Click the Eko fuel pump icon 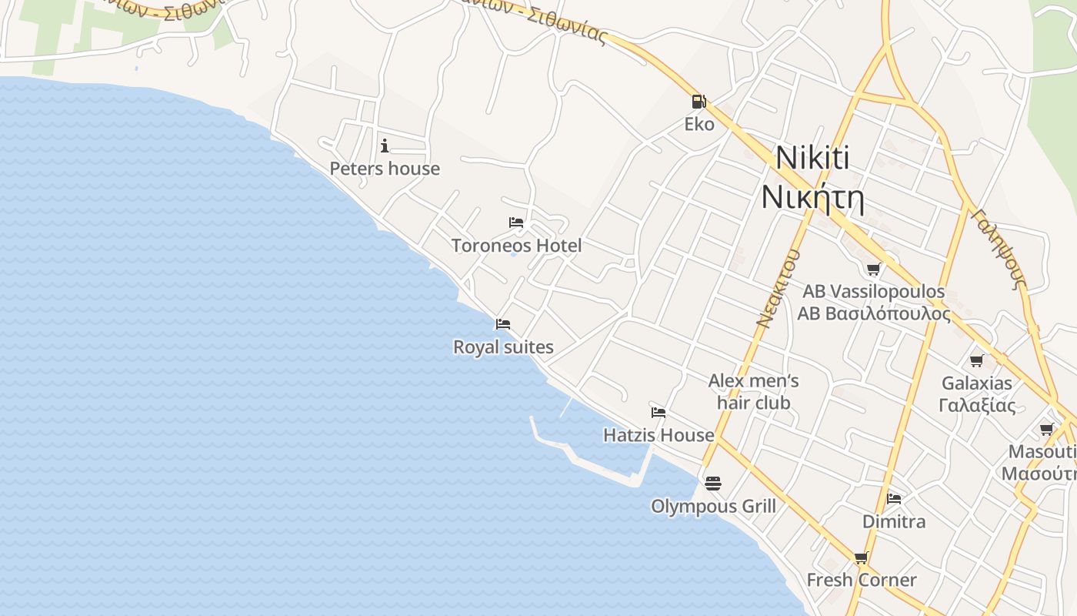pyautogui.click(x=699, y=102)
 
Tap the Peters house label pyautogui.click(x=385, y=169)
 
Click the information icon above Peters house pyautogui.click(x=385, y=146)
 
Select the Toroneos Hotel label pyautogui.click(x=516, y=246)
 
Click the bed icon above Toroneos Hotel pyautogui.click(x=516, y=223)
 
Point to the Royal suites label pyautogui.click(x=503, y=347)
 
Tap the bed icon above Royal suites pyautogui.click(x=503, y=324)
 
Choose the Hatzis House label pyautogui.click(x=659, y=435)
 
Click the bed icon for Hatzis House pyautogui.click(x=659, y=412)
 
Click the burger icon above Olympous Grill pyautogui.click(x=713, y=484)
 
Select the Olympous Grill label pyautogui.click(x=713, y=506)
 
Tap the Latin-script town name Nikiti pyautogui.click(x=812, y=158)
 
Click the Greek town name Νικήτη pyautogui.click(x=812, y=197)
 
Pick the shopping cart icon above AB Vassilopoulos pyautogui.click(x=873, y=269)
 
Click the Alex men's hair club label pyautogui.click(x=754, y=391)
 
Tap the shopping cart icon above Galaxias pyautogui.click(x=977, y=360)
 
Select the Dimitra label pyautogui.click(x=894, y=521)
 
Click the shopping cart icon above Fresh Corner pyautogui.click(x=861, y=557)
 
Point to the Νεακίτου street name pyautogui.click(x=778, y=289)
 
